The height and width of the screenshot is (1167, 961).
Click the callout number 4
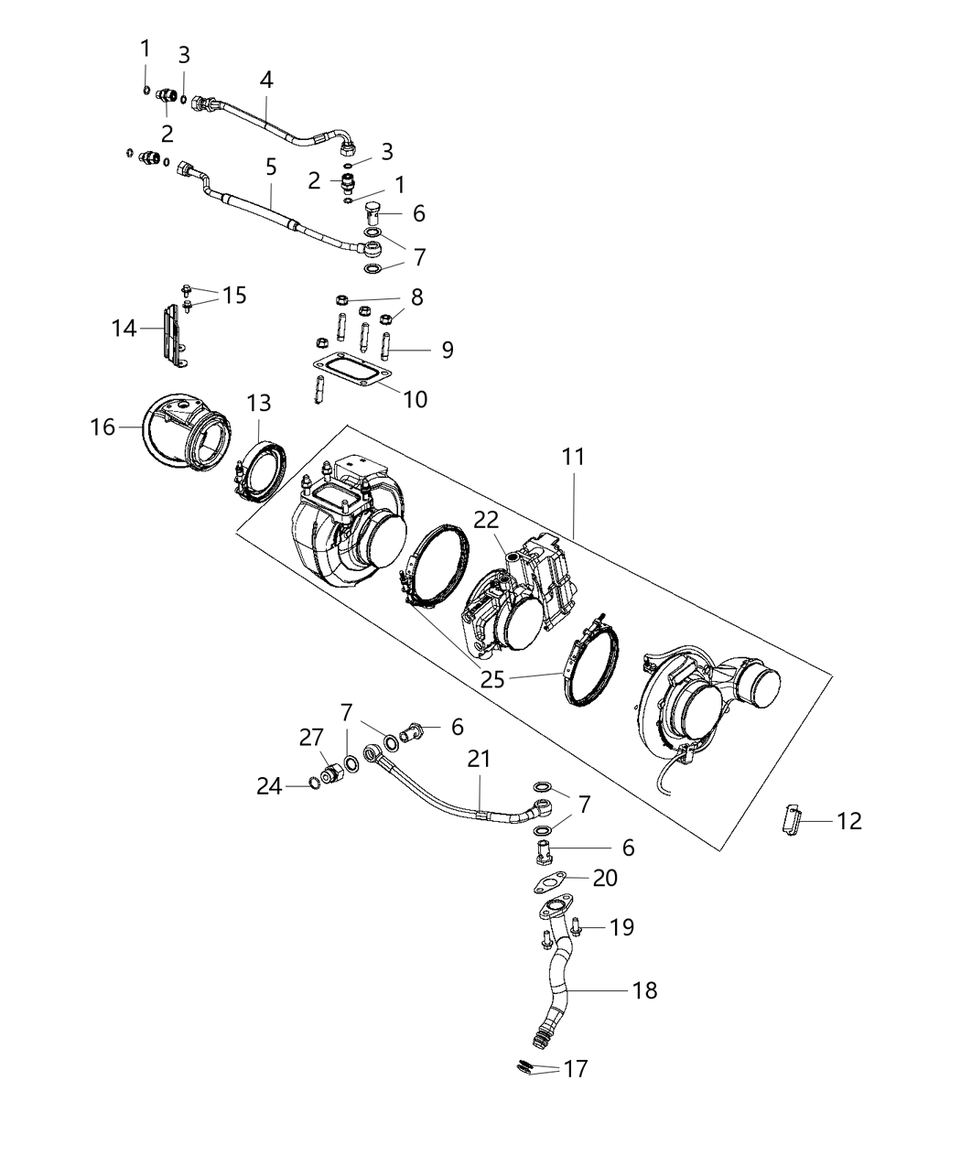tap(266, 80)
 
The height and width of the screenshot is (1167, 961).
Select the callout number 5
tap(271, 167)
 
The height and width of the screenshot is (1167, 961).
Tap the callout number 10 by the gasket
tap(416, 399)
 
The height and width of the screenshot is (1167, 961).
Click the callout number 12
tap(849, 821)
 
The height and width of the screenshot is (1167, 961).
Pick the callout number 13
tap(259, 403)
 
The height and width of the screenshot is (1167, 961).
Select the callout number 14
tap(124, 328)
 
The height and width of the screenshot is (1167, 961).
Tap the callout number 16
tap(103, 427)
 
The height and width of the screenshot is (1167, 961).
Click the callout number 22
tap(486, 520)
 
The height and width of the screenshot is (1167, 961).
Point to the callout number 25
tap(493, 678)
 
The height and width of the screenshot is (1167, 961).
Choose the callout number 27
tap(312, 738)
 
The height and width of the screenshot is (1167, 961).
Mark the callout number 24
tap(269, 785)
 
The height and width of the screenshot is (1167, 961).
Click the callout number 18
tap(645, 990)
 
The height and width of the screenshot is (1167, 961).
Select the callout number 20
tap(605, 878)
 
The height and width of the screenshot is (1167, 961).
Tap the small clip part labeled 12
tap(793, 817)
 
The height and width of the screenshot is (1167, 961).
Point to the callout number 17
tap(576, 1068)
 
